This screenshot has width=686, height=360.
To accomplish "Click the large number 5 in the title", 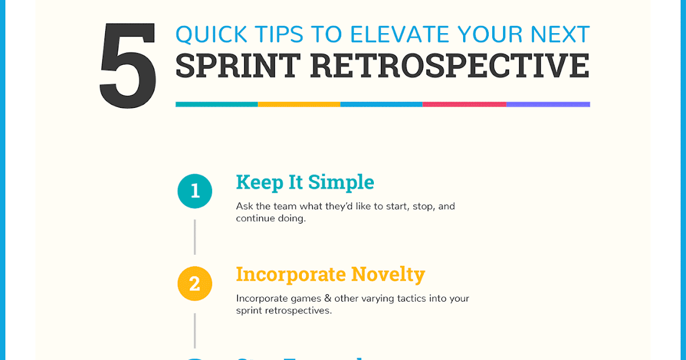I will tap(127, 67).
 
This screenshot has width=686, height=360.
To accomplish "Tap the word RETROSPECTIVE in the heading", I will tap(450, 66).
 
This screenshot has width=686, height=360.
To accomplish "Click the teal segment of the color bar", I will tap(217, 105).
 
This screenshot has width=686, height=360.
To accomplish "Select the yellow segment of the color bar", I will tap(299, 105).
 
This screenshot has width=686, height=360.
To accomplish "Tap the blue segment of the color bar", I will tap(381, 105).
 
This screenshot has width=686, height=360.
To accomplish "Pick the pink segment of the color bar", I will tap(464, 105).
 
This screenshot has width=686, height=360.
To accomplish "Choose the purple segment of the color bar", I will tap(548, 105).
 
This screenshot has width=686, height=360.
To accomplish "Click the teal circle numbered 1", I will tap(195, 191).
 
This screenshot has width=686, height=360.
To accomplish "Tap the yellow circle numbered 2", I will tap(195, 283).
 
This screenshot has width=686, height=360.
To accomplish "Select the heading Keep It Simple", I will tap(305, 182).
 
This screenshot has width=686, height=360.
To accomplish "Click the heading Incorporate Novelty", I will tap(330, 274).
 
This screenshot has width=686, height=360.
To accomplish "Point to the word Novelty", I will tap(388, 274).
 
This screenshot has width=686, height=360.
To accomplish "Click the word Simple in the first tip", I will tap(341, 182).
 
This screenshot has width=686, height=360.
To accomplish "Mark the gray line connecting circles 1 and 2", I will tap(195, 237).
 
